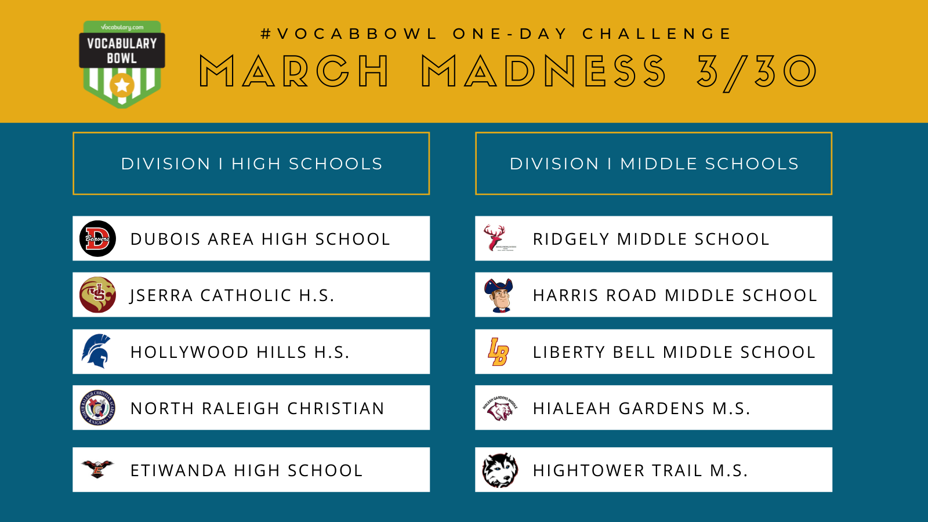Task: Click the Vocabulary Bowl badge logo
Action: pos(122,64)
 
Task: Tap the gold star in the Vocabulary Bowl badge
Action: pos(122,86)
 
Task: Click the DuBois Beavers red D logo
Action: pos(97,238)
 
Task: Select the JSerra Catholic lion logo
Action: pos(97,295)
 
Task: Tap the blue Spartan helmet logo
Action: pos(96,351)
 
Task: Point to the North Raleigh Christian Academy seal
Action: pos(97,408)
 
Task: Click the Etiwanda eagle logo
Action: pos(97,469)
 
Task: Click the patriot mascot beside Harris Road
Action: pos(499,295)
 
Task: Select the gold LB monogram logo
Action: pos(498,351)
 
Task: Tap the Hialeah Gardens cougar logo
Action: pos(500,408)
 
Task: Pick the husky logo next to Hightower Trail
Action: pos(500,470)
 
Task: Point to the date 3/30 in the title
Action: pos(757,72)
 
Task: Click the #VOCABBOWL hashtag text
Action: pos(349,34)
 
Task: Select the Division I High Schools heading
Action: pos(252,164)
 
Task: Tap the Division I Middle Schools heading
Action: pos(654,164)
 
